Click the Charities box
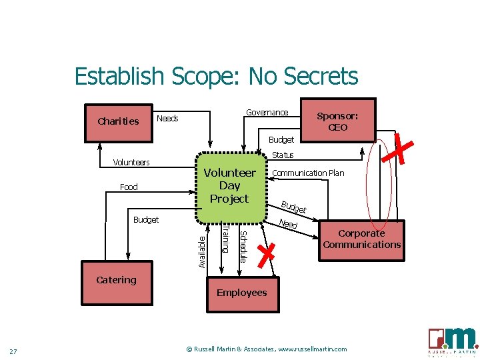pos(119,121)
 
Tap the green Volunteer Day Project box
pos(229,185)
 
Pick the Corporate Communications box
pos(361,239)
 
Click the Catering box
pos(117,280)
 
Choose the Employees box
pos(241,293)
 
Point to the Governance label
pos(267,112)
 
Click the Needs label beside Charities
pos(167,119)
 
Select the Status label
pos(283,155)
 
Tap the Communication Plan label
pos(308,173)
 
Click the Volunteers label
pos(131,162)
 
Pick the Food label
pos(129,187)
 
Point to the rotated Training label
pos(225,239)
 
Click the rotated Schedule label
pos(243,246)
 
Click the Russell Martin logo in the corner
pos(453,341)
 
